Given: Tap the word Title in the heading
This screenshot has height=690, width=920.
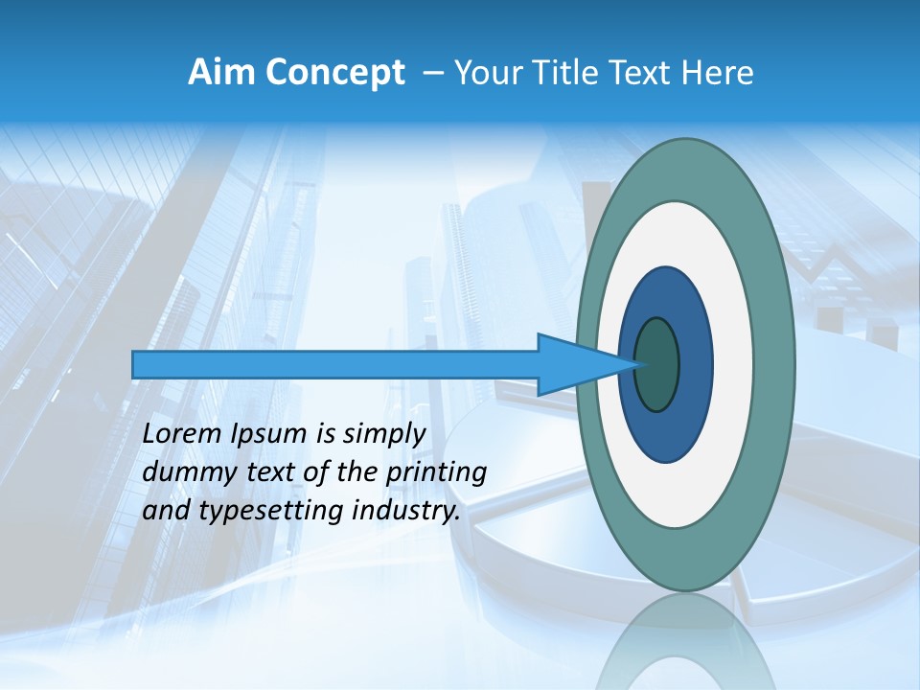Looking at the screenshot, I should (x=567, y=72).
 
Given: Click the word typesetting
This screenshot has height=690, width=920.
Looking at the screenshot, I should (x=268, y=512).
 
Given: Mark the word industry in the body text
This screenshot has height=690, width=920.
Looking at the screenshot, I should (x=405, y=512).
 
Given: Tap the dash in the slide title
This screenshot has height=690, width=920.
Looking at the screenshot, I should (x=432, y=73).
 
